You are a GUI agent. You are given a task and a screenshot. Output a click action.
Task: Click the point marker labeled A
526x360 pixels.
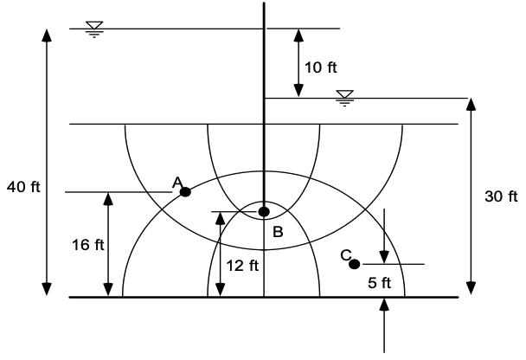185,192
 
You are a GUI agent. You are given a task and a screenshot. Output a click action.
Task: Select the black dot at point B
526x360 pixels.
264,212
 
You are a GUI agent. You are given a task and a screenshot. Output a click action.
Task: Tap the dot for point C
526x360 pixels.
354,265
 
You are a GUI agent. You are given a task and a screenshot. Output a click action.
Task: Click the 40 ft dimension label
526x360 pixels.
23,187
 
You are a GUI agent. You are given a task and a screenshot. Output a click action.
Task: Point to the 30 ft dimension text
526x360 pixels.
501,196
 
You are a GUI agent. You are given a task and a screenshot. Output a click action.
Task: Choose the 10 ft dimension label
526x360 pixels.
321,67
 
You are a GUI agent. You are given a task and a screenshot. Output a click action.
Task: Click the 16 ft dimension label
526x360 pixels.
88,245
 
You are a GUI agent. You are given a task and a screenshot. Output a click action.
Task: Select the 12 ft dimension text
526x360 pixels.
242,266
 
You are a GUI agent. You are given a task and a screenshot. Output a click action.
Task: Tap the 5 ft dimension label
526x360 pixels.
380,282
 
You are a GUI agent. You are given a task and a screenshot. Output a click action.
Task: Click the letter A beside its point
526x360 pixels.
177,183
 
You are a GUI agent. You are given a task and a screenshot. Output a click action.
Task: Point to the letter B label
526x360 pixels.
278,232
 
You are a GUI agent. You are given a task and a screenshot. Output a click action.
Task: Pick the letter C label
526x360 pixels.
346,255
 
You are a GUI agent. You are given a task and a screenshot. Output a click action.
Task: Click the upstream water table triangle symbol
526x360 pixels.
94,25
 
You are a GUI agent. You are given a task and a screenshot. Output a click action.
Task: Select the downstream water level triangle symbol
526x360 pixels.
345,94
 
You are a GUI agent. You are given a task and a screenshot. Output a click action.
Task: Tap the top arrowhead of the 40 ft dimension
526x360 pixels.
47,35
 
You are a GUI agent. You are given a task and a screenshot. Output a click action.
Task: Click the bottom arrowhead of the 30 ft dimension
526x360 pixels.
471,288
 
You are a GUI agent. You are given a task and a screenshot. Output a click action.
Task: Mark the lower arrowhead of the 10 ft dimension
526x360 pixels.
298,91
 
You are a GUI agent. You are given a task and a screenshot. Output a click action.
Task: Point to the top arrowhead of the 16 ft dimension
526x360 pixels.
108,199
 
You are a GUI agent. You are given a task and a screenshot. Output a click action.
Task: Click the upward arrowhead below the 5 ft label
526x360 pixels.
384,304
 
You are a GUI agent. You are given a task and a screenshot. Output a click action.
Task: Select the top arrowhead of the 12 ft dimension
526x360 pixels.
220,218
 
